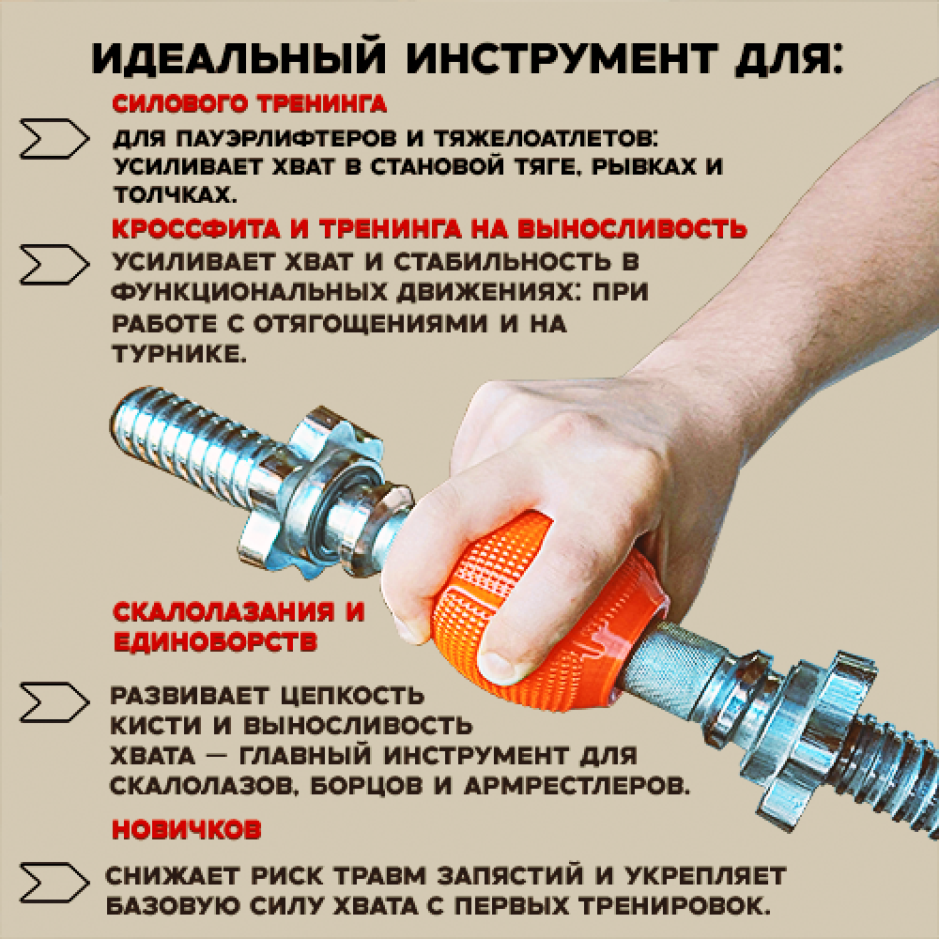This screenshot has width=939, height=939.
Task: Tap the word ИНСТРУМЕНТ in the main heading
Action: coord(562,58)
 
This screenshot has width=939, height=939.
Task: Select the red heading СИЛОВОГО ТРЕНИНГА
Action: coord(249,104)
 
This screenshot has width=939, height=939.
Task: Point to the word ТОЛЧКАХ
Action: coord(172,194)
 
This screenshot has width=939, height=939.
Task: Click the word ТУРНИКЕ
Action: coord(179,354)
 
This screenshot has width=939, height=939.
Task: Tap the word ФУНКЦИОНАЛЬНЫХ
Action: coord(247,292)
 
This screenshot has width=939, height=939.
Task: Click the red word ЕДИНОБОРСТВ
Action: coord(215,642)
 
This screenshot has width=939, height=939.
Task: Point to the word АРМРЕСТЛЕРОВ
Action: coord(577,785)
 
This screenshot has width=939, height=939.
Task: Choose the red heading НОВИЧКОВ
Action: coord(187,829)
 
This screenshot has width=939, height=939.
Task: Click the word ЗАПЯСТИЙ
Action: coord(510,875)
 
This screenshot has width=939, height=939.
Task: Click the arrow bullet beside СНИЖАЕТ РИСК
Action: coord(54,882)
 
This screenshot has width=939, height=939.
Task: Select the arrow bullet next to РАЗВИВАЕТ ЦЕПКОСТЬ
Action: coord(54,701)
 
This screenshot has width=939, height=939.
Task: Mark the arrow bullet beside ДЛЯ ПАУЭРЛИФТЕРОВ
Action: coord(54,139)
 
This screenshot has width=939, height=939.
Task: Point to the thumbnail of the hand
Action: coord(499,666)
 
